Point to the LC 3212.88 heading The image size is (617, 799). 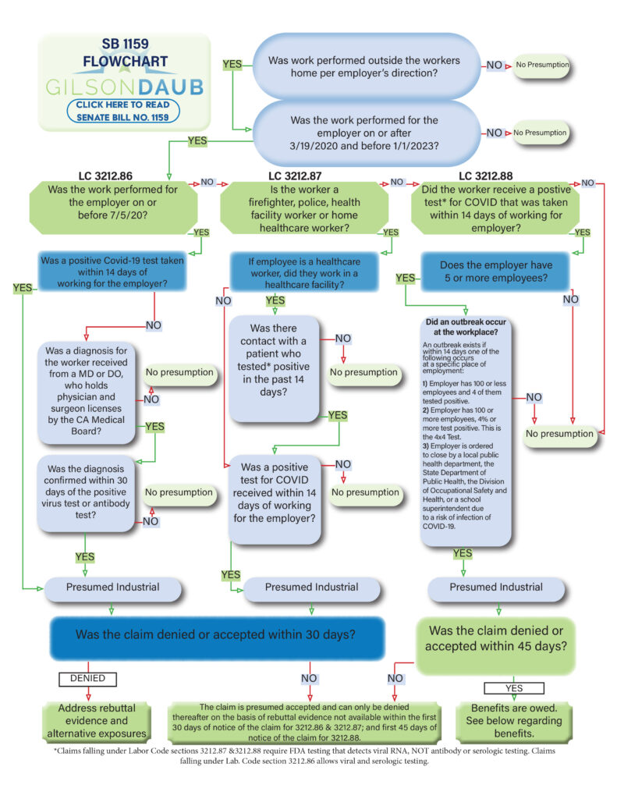pyautogui.click(x=496, y=176)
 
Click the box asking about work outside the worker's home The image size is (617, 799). pyautogui.click(x=363, y=66)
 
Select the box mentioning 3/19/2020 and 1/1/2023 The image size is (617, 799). pyautogui.click(x=363, y=133)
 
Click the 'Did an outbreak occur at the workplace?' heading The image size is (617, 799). pyautogui.click(x=466, y=327)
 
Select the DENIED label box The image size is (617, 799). pyautogui.click(x=87, y=678)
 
